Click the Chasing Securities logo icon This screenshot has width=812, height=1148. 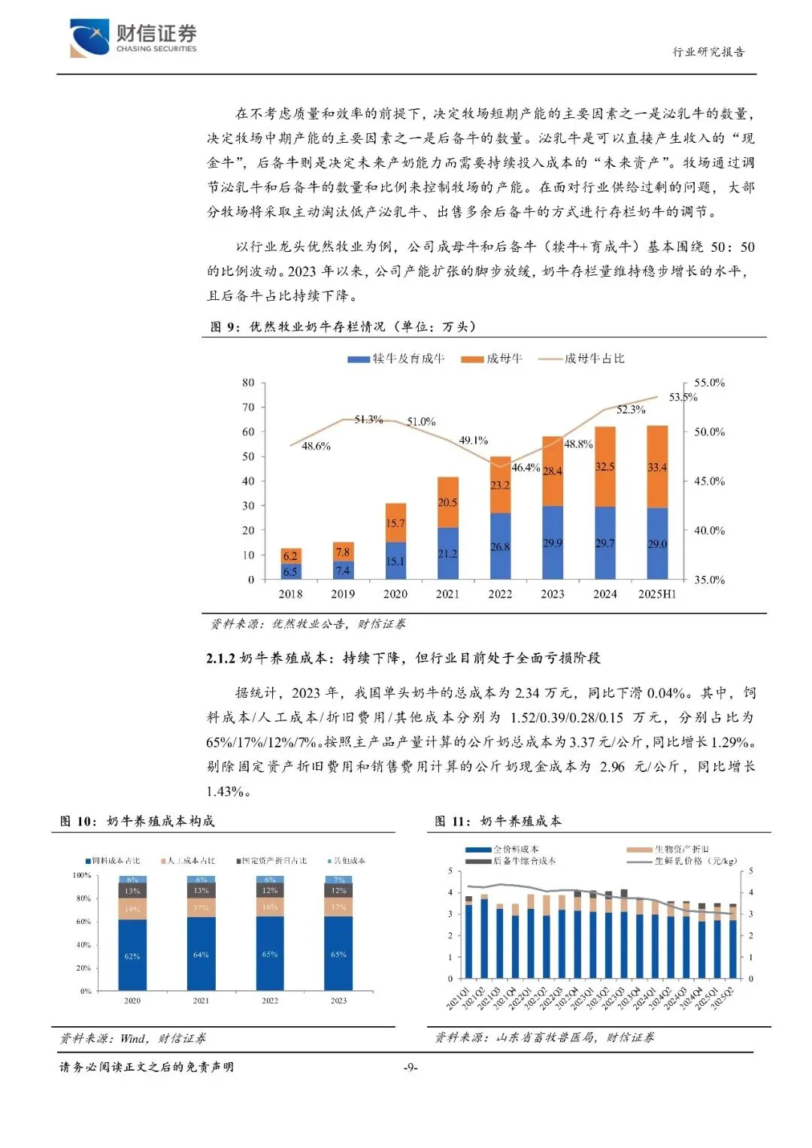[x=89, y=38]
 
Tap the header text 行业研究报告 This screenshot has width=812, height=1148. [x=707, y=52]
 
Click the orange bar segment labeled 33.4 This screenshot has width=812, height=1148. [x=657, y=467]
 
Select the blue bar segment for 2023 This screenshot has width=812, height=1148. [x=553, y=543]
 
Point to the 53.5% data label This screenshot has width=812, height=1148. [x=683, y=397]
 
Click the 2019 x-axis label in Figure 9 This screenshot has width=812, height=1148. [x=343, y=594]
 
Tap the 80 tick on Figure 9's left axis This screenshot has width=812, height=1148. [x=248, y=383]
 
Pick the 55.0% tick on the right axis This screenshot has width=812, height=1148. [x=709, y=383]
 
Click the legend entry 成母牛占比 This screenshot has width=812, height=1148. [x=594, y=359]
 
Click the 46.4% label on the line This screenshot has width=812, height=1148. [x=526, y=468]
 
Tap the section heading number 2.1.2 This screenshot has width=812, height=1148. [x=220, y=658]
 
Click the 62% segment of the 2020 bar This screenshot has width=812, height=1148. [x=132, y=956]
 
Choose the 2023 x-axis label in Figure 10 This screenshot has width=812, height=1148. [x=338, y=1001]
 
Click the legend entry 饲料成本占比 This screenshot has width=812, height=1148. [x=115, y=861]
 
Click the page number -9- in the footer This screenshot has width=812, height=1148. [x=411, y=1068]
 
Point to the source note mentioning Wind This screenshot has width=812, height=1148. [x=132, y=1038]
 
